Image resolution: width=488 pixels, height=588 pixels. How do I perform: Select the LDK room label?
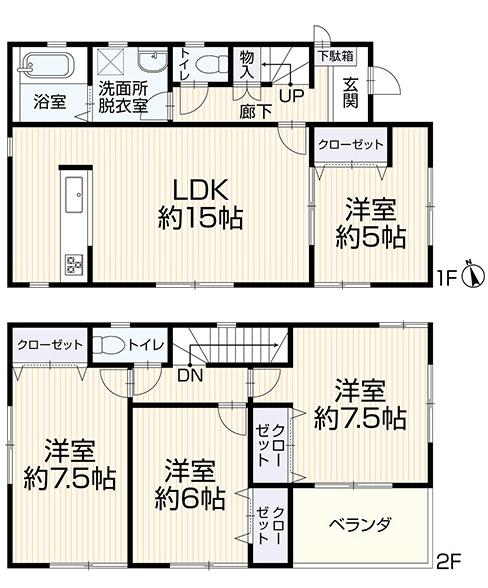200,190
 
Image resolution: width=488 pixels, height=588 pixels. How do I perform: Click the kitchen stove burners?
74,264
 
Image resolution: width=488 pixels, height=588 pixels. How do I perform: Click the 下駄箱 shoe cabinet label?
336,56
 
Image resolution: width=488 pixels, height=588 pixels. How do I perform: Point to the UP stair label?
291,96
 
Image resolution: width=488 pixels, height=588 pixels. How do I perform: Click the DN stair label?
190,375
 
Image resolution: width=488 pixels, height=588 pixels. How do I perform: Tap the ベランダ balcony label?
360,524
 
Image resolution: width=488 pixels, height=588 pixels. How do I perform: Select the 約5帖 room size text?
371,237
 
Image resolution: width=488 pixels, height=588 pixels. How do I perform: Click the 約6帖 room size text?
190,498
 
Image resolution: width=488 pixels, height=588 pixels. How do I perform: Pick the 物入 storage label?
247,64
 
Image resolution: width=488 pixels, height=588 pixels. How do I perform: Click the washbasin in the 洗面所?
153,61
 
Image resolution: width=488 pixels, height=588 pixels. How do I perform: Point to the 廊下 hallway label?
256,112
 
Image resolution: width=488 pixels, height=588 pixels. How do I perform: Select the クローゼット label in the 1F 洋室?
351,145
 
